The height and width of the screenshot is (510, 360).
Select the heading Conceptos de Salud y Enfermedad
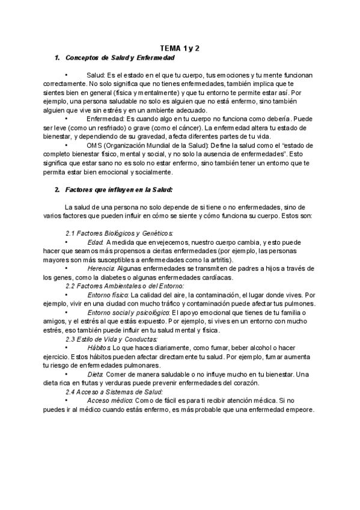[119, 58]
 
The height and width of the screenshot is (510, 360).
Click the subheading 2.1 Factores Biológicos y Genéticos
[119, 232]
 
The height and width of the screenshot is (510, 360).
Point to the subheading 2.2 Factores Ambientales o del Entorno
[124, 286]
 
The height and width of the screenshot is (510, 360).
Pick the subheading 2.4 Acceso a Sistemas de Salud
[112, 392]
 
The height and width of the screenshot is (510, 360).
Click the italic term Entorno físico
[107, 295]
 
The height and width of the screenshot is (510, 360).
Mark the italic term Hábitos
[99, 348]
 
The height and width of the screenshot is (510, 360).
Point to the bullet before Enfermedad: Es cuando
[66, 119]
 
